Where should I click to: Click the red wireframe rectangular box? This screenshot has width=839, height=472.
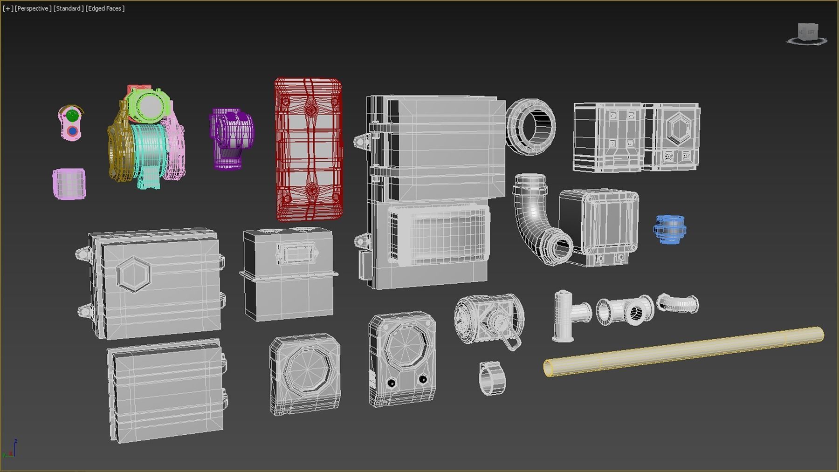click(308, 149)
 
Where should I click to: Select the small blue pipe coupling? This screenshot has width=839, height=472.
click(670, 229)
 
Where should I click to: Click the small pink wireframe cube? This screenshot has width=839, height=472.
click(69, 184)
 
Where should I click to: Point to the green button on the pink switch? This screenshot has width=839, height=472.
click(72, 115)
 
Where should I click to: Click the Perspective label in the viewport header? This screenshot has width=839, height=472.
click(33, 8)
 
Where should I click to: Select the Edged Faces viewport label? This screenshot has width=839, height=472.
click(105, 8)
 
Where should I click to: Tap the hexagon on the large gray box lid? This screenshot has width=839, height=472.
click(134, 274)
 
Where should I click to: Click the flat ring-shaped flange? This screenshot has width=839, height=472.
click(531, 126)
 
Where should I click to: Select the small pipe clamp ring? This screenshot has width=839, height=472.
click(492, 378)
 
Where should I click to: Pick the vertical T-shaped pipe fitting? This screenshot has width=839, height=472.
click(566, 315)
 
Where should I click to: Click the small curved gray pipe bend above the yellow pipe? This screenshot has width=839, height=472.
click(678, 304)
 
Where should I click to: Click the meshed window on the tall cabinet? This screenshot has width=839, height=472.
click(438, 235)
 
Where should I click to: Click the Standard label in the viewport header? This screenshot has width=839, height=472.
click(68, 8)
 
